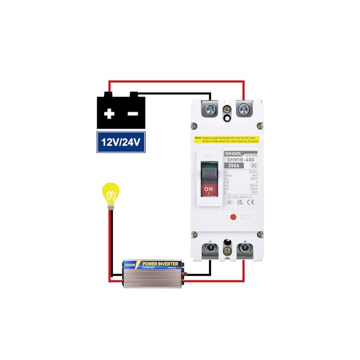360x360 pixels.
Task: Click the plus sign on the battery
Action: tap(109, 114)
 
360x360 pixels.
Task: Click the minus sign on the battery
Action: tap(133, 114)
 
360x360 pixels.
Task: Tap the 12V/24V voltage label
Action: tap(121, 143)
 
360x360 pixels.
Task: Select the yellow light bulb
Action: tap(110, 194)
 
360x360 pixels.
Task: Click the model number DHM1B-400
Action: tap(241, 159)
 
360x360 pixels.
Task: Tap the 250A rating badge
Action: tap(234, 166)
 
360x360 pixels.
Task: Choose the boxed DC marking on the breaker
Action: tap(254, 166)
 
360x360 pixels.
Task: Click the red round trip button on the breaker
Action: tap(233, 217)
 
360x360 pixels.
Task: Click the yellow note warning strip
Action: tap(227, 139)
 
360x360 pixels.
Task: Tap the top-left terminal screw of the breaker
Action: tap(210, 108)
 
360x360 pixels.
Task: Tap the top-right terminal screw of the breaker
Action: tap(244, 108)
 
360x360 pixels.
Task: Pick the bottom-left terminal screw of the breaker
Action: tap(210, 247)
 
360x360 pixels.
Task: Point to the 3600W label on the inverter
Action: tap(130, 265)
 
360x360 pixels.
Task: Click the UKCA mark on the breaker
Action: tap(240, 202)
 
